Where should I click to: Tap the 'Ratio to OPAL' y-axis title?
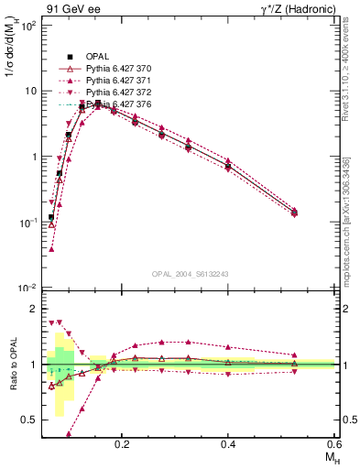point(12,365)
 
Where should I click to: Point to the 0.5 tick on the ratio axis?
point(31,420)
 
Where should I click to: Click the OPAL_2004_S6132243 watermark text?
point(190,274)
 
